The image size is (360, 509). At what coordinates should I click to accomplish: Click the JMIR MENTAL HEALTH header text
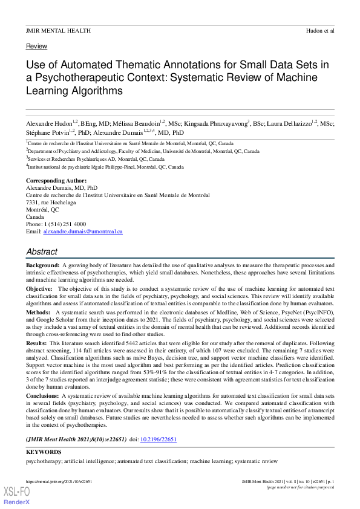click(x=58, y=30)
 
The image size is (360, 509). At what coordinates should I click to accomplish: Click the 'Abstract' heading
click(x=42, y=251)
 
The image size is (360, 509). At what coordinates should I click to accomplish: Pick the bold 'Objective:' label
click(x=39, y=289)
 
